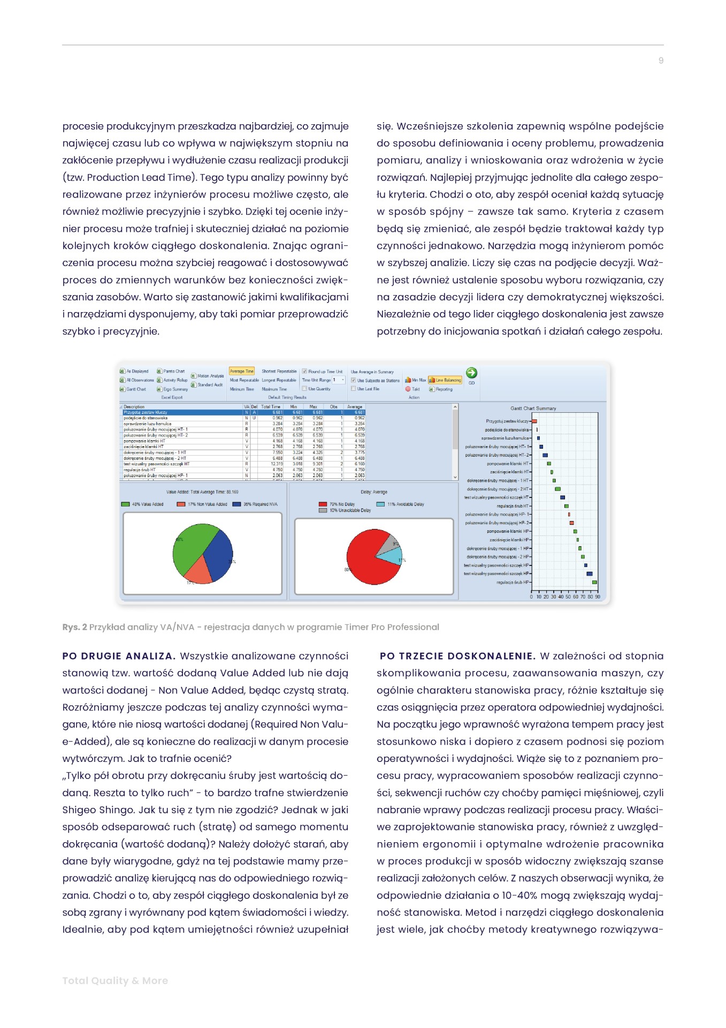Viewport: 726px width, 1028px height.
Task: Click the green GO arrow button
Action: pyautogui.click(x=471, y=373)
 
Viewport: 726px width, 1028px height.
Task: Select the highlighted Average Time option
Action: pyautogui.click(x=242, y=371)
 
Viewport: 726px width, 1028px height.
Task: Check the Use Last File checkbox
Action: pyautogui.click(x=354, y=389)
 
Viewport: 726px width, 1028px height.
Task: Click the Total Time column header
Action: pyautogui.click(x=270, y=407)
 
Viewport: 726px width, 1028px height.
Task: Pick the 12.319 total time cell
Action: pyautogui.click(x=277, y=464)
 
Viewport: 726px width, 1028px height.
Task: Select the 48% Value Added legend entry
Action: pyautogui.click(x=143, y=504)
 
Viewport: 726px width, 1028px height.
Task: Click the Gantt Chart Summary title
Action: pyautogui.click(x=533, y=409)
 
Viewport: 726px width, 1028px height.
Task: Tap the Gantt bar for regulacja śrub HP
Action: pyautogui.click(x=594, y=582)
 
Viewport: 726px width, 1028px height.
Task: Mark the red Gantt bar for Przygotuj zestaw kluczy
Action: pyautogui.click(x=534, y=421)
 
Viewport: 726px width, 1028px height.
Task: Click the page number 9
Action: pyautogui.click(x=661, y=61)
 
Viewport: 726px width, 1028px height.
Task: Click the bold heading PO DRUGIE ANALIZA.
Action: pyautogui.click(x=119, y=656)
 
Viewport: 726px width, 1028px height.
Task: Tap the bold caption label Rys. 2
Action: pyautogui.click(x=74, y=627)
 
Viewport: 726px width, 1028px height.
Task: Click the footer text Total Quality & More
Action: pyautogui.click(x=115, y=981)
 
